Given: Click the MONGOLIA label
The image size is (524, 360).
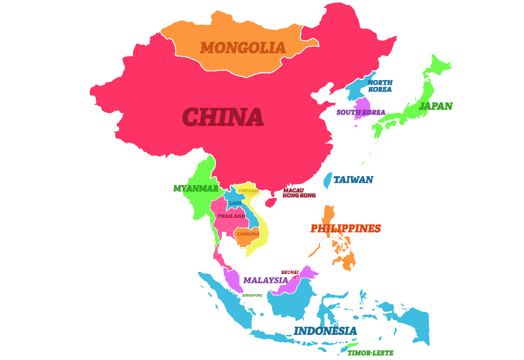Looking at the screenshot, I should [x=242, y=48].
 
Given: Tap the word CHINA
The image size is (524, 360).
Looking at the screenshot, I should [x=223, y=117].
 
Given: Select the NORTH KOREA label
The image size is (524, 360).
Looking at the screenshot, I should [x=380, y=86].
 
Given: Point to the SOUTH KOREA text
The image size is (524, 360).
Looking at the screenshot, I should [x=361, y=112].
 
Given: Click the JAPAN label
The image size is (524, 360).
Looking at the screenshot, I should [x=436, y=106].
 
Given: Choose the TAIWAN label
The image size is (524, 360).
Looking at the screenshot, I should [x=353, y=180].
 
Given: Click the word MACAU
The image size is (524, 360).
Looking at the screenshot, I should [x=293, y=190].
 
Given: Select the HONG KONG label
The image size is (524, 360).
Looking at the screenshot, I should [x=299, y=196].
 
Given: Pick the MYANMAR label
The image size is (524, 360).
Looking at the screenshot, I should [x=196, y=188].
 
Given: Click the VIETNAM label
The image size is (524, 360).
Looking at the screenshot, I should [x=248, y=191].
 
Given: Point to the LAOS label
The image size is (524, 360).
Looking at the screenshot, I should [x=235, y=203].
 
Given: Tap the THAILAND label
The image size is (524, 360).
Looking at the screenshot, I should [x=231, y=216].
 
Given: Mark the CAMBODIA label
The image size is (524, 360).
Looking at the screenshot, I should [x=248, y=234].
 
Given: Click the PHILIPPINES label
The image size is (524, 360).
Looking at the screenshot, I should [x=345, y=229].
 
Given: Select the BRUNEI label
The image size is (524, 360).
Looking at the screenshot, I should [x=290, y=272].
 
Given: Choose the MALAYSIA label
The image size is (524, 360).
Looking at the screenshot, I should [x=265, y=280].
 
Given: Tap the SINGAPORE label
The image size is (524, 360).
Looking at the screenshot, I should [x=252, y=295].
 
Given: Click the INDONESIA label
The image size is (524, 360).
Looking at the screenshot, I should [x=325, y=331].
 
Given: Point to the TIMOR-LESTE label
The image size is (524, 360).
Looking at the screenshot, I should [x=370, y=353].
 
